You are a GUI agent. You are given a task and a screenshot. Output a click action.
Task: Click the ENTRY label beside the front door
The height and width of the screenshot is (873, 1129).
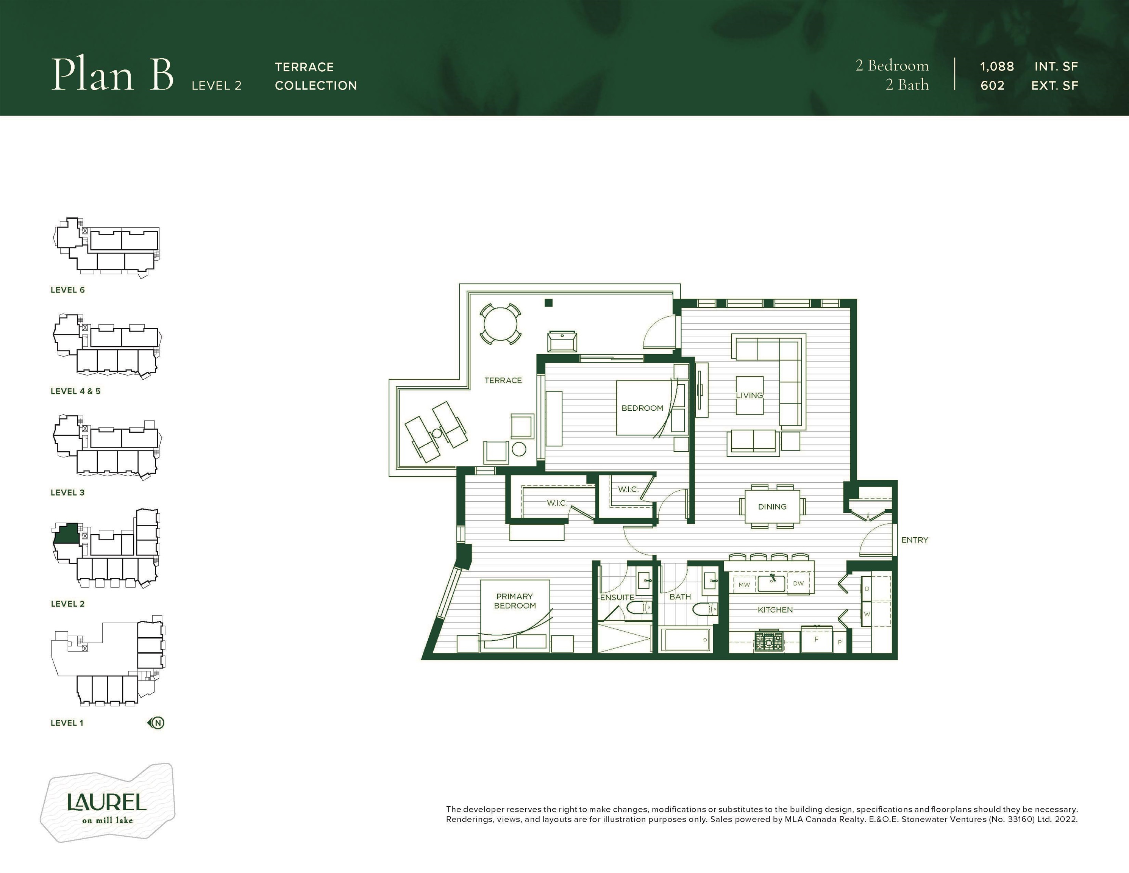pos(915,540)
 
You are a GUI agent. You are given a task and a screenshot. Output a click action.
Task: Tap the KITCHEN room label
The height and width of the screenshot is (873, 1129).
pos(775,610)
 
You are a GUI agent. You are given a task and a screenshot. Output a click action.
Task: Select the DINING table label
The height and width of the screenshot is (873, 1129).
pos(772,507)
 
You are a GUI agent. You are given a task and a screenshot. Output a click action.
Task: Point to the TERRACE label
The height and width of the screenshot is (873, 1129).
pos(503,381)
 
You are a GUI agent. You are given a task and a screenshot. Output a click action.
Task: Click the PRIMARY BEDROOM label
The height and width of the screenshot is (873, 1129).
pos(515,601)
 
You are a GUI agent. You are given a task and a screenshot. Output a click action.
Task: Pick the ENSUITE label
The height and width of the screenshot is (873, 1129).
pos(617,597)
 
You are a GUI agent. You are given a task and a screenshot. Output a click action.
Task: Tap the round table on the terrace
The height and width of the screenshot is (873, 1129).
pos(500,324)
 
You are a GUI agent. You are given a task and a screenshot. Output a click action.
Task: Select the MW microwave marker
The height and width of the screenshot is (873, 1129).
pos(744,584)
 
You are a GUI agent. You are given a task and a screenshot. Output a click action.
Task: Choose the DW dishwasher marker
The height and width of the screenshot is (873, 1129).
pos(798,584)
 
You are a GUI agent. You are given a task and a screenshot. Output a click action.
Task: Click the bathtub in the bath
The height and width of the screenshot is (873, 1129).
pos(685,640)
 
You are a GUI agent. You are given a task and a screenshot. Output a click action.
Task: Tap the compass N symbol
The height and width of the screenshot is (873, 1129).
pos(157,723)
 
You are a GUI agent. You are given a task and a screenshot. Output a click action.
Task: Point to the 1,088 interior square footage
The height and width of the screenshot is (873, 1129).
pos(997,67)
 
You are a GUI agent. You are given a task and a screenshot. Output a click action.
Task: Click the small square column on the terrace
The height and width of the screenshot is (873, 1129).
pos(548,303)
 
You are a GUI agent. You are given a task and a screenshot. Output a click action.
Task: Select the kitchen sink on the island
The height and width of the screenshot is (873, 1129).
pos(772,582)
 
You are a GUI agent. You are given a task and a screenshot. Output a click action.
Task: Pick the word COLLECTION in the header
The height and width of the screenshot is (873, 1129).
pos(316,86)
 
